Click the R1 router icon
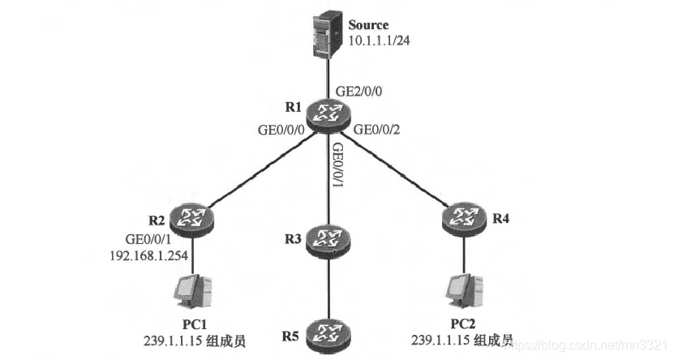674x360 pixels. [330, 114]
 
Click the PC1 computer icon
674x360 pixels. [192, 289]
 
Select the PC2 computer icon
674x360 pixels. [464, 289]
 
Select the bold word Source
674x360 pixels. [368, 25]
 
